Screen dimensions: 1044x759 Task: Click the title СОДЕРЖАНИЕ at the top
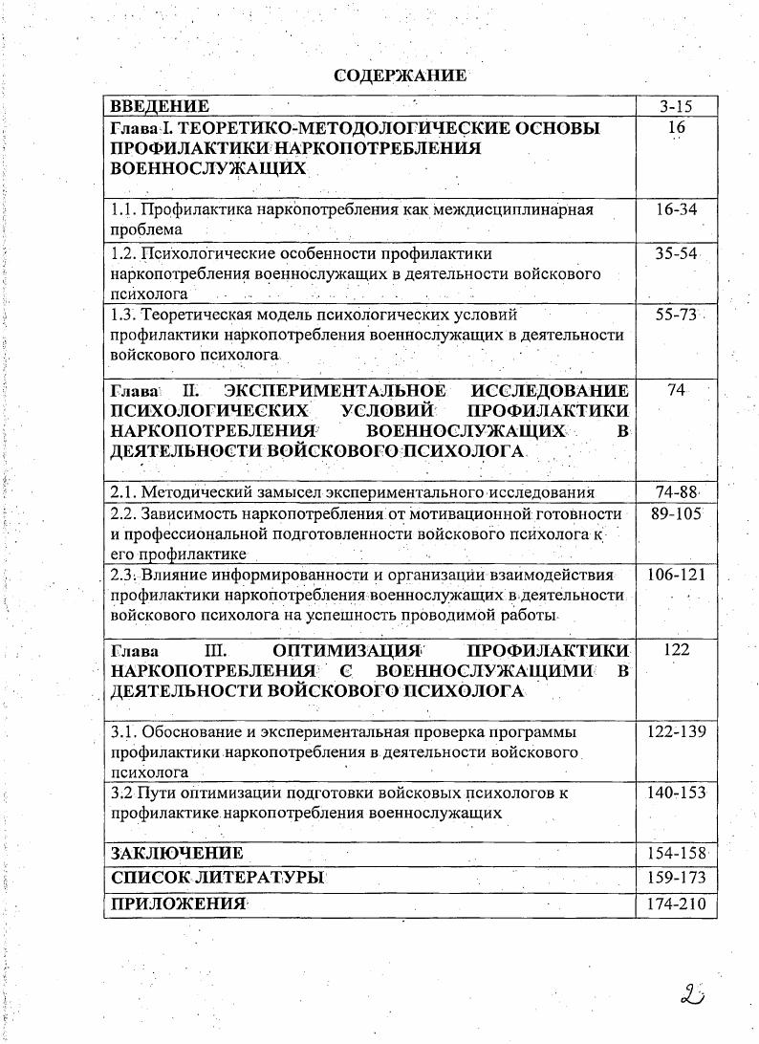(401, 76)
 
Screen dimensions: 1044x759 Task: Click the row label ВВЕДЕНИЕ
(160, 106)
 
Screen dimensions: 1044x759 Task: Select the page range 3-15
(676, 107)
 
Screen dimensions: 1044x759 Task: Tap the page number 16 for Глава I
(677, 127)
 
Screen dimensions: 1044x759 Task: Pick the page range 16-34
(676, 209)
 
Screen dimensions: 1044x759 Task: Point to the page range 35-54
(676, 254)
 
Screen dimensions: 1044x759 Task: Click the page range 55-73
(676, 315)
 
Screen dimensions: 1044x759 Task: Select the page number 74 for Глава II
(677, 391)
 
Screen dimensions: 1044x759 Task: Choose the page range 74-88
(676, 492)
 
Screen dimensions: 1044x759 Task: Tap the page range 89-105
(676, 514)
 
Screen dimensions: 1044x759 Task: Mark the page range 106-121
(676, 576)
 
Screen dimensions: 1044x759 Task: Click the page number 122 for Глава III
(676, 650)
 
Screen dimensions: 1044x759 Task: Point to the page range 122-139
(676, 732)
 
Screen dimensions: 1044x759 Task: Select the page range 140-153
(676, 794)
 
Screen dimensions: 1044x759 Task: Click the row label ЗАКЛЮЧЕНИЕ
(177, 853)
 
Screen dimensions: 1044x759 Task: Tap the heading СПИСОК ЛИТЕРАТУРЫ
(218, 877)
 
